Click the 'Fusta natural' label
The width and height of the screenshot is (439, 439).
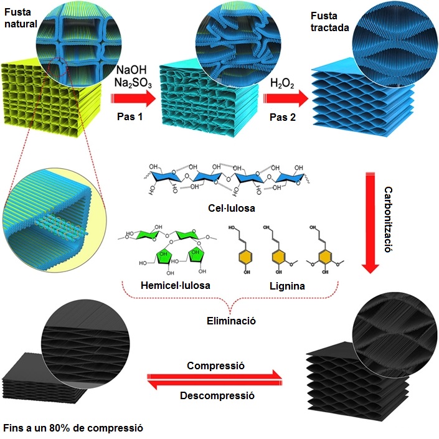(21, 18)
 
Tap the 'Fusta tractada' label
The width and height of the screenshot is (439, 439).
(329, 22)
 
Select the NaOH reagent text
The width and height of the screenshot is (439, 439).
(131, 70)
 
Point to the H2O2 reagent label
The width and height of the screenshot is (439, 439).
(282, 83)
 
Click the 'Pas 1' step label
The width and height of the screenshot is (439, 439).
(130, 116)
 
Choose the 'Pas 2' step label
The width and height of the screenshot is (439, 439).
(283, 117)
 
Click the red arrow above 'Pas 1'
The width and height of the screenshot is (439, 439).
(133, 98)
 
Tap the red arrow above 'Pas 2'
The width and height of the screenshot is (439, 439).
(286, 98)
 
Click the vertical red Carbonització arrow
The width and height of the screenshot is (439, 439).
(370, 223)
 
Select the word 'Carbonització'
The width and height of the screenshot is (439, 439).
(388, 219)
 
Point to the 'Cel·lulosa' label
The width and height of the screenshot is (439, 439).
(232, 208)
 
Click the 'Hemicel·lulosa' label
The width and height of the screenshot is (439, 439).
(176, 285)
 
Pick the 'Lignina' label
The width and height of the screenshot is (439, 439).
(287, 286)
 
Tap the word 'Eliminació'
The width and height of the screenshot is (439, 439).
(231, 321)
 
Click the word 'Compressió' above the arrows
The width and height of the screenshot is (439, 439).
(215, 366)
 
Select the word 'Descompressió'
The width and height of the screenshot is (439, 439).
(217, 395)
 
